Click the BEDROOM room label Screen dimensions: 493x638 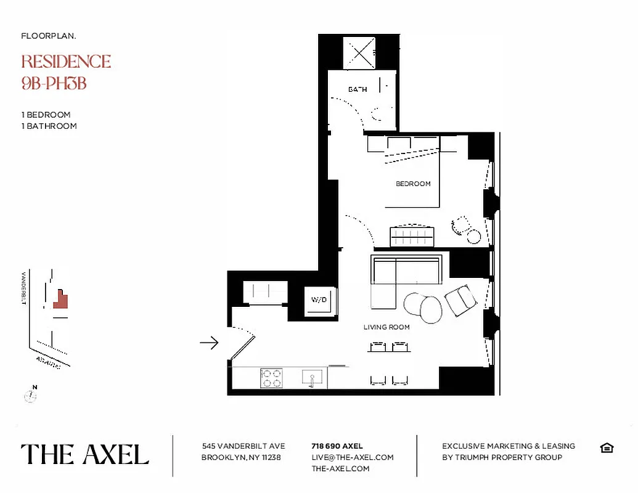pyautogui.click(x=413, y=184)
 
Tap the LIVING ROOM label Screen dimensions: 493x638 pyautogui.click(x=386, y=327)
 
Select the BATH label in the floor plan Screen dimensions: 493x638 pyautogui.click(x=358, y=89)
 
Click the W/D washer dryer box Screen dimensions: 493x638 pyautogui.click(x=319, y=300)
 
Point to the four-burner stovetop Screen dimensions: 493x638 pyautogui.click(x=271, y=378)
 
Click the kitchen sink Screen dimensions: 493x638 pyautogui.click(x=313, y=378)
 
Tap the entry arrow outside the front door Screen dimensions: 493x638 pyautogui.click(x=210, y=343)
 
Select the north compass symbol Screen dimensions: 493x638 pyautogui.click(x=30, y=395)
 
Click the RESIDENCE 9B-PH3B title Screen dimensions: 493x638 pyautogui.click(x=66, y=71)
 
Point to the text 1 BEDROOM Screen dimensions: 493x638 pyautogui.click(x=46, y=115)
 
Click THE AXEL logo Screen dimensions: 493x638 pyautogui.click(x=85, y=455)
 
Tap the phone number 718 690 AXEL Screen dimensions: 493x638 pyautogui.click(x=337, y=446)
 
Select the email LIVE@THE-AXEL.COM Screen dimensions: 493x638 pyautogui.click(x=353, y=457)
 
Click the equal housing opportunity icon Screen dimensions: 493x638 pyautogui.click(x=607, y=447)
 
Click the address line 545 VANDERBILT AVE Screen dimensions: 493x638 pyautogui.click(x=243, y=446)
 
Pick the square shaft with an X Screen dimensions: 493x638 pyautogui.click(x=359, y=52)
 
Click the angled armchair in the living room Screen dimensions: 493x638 pyautogui.click(x=460, y=301)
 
